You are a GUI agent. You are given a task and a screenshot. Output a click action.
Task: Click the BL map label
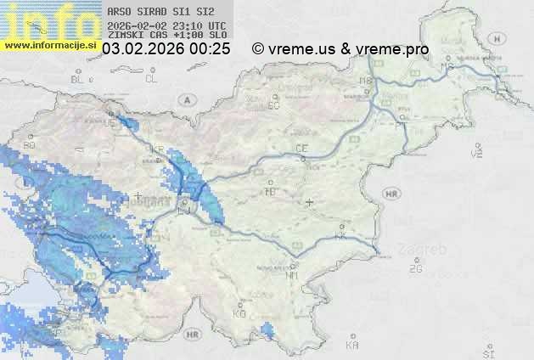(x=78, y=79)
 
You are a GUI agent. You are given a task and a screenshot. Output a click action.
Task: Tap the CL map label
(x=151, y=79)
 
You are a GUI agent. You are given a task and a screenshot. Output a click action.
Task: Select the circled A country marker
(x=186, y=99)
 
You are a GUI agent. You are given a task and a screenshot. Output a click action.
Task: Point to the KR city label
(x=157, y=149)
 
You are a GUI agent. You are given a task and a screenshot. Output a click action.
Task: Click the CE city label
(x=301, y=149)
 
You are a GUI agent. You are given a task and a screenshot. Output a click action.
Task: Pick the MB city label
(x=366, y=81)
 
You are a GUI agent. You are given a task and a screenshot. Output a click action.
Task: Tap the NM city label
(x=293, y=275)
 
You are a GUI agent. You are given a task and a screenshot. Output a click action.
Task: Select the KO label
(x=239, y=314)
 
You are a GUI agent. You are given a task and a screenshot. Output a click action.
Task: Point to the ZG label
(x=416, y=269)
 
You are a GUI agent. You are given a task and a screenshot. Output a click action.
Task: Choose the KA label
(x=352, y=346)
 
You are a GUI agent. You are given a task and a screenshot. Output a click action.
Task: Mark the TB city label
(x=271, y=192)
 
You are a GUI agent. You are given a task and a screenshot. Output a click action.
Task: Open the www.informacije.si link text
(x=49, y=45)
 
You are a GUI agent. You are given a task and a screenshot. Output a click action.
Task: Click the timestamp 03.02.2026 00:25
(x=166, y=49)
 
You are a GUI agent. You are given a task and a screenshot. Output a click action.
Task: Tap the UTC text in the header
(x=217, y=25)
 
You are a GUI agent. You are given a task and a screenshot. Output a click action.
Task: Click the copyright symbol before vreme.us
(x=258, y=49)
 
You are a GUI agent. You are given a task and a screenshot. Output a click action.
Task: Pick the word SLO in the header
(x=217, y=36)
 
